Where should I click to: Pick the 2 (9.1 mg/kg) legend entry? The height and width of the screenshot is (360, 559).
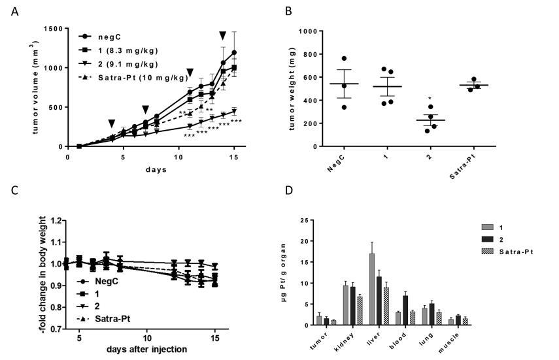(117, 64)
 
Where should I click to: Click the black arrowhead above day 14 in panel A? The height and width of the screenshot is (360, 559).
(223, 36)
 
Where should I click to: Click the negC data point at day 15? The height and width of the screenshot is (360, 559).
(233, 52)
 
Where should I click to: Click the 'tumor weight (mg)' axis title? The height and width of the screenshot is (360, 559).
(290, 88)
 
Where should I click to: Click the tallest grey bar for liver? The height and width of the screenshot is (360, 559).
(372, 289)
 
